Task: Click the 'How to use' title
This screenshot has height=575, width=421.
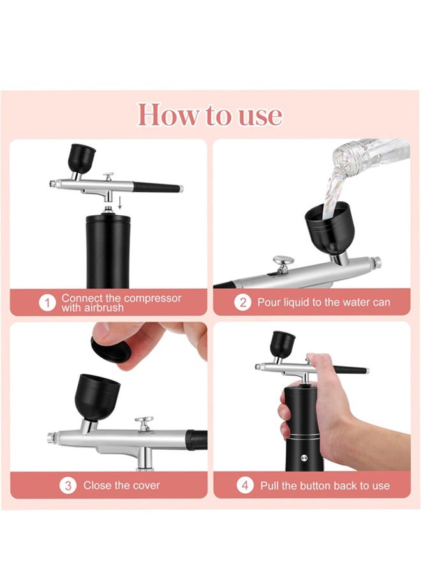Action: click(210, 115)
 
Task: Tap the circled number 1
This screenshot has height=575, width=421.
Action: click(47, 303)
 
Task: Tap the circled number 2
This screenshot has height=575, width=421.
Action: click(242, 302)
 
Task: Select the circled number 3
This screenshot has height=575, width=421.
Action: click(68, 485)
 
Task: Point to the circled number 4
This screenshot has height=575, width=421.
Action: click(245, 485)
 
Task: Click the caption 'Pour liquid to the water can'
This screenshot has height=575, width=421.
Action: click(323, 302)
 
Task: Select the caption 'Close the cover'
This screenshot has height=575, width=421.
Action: click(121, 485)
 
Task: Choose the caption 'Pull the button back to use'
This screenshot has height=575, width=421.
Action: click(324, 485)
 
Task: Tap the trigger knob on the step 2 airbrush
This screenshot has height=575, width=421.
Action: click(283, 261)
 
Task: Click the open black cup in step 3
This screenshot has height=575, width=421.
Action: click(97, 396)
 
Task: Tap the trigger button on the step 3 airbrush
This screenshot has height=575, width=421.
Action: click(144, 423)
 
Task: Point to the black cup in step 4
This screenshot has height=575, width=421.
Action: click(283, 343)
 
